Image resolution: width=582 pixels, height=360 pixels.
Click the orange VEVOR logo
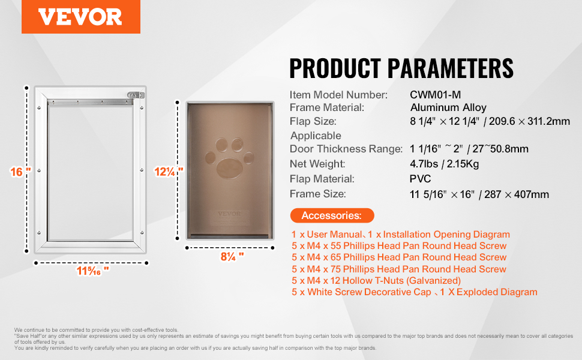click(x=80, y=17)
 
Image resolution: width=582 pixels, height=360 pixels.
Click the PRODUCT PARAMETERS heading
click(x=401, y=68)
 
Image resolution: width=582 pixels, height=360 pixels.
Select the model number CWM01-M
click(x=435, y=95)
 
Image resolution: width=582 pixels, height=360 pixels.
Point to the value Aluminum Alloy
click(x=448, y=107)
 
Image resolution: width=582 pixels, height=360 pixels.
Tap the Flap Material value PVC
click(x=420, y=179)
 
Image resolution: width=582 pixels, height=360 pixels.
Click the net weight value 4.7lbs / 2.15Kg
click(x=444, y=164)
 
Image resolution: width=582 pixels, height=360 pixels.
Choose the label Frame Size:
click(x=318, y=194)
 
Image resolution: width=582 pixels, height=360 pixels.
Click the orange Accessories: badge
click(x=332, y=215)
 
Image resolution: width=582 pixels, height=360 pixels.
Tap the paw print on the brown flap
click(x=229, y=158)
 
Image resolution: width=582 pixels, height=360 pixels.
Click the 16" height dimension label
click(x=20, y=172)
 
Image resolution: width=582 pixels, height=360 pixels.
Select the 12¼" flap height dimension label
click(x=169, y=172)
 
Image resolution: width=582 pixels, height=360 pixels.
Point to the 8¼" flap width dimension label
click(x=232, y=256)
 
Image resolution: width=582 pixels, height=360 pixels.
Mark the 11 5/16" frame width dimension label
click(x=93, y=271)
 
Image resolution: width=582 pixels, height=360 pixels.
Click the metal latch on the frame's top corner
click(x=136, y=95)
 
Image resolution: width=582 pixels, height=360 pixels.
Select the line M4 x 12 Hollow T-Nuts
click(x=376, y=281)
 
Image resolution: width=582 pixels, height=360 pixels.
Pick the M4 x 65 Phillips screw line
click(x=399, y=257)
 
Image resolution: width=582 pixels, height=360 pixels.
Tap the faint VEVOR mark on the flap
click(x=229, y=214)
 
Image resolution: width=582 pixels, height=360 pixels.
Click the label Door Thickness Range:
click(x=346, y=149)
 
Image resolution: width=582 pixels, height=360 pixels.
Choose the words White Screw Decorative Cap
click(x=370, y=292)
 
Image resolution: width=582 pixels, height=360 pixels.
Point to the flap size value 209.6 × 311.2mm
click(x=529, y=121)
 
